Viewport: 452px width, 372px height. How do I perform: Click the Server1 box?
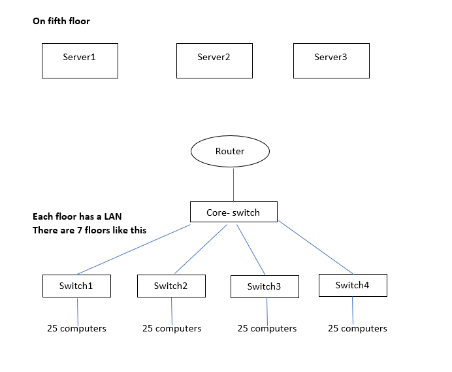(x=80, y=60)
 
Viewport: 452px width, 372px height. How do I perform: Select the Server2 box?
(x=214, y=60)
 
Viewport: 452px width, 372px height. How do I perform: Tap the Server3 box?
(x=331, y=60)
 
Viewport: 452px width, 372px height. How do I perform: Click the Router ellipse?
(x=230, y=151)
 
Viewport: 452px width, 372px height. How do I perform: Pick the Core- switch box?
(x=233, y=212)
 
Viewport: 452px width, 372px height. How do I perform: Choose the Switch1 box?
(x=76, y=286)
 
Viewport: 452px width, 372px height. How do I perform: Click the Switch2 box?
(x=171, y=286)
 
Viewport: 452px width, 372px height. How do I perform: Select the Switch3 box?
(x=265, y=286)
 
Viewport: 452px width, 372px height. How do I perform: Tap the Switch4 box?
(x=353, y=285)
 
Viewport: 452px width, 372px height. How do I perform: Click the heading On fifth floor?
(x=61, y=21)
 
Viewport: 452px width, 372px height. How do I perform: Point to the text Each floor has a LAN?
(x=76, y=216)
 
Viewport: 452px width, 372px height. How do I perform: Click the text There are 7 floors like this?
(x=89, y=230)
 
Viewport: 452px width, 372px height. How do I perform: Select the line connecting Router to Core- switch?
(x=233, y=184)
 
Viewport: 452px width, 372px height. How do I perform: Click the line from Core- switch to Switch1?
(x=134, y=249)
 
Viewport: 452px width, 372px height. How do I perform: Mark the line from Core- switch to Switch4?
(x=315, y=247)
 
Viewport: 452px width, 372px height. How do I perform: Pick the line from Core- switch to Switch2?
(x=201, y=249)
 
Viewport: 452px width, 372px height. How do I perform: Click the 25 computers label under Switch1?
(x=76, y=328)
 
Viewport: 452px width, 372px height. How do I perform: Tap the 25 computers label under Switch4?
(x=357, y=328)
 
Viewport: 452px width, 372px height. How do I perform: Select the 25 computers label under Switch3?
(x=266, y=328)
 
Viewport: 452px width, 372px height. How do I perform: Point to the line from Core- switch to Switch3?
(x=250, y=249)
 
